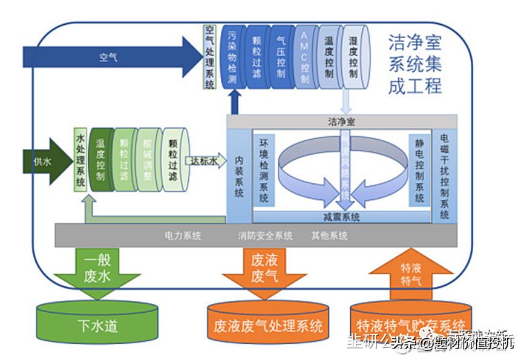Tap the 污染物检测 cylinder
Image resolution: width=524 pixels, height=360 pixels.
coord(231,56)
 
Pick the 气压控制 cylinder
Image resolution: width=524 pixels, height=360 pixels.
coord(280,56)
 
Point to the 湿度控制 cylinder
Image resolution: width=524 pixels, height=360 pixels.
coord(353,56)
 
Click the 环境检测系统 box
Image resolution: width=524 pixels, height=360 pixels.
coord(264,169)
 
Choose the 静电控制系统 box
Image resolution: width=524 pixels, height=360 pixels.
coord(419,169)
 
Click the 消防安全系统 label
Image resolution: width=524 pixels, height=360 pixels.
coord(265,235)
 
